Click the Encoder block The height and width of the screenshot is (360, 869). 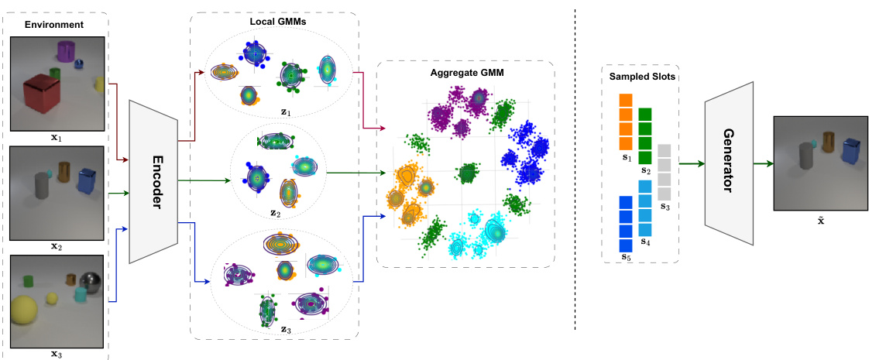tap(153, 180)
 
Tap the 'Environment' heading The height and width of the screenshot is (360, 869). tap(53, 25)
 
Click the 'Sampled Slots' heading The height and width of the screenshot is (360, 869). tap(641, 77)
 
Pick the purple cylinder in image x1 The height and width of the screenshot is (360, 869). tap(67, 53)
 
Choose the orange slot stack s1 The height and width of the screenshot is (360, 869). tap(626, 121)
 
